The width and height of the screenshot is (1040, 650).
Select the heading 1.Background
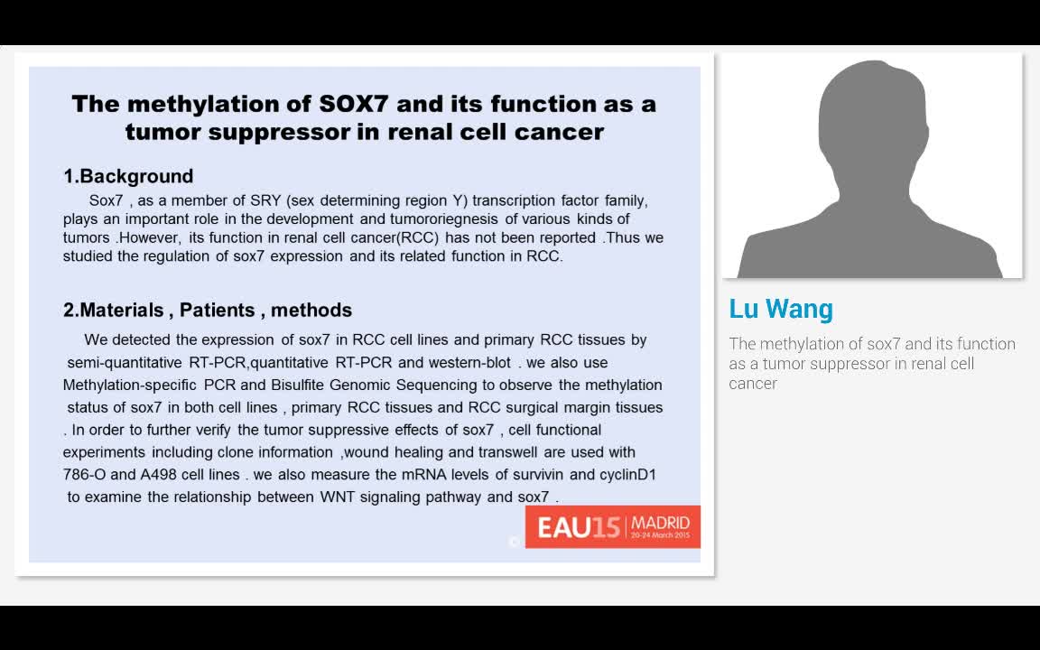(128, 176)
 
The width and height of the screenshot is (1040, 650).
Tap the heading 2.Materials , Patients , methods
(208, 310)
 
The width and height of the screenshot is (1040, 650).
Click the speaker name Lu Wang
(781, 309)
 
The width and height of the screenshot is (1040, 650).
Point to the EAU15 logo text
(579, 527)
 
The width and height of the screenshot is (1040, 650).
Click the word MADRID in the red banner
(660, 523)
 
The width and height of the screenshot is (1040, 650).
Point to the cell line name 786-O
(88, 474)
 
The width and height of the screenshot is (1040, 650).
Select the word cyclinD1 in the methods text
(627, 474)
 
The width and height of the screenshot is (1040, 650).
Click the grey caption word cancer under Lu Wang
(753, 384)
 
